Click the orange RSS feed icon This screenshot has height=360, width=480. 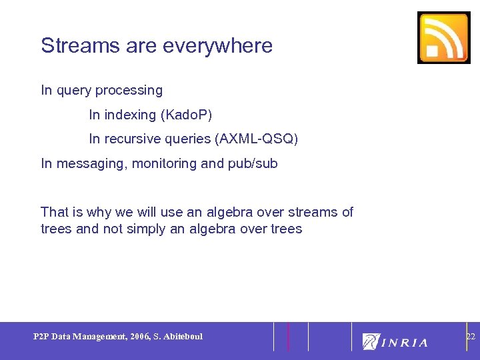point(443,38)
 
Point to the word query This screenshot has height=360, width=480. point(75,90)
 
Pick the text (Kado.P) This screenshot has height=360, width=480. point(186,115)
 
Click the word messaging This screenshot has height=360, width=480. point(89,163)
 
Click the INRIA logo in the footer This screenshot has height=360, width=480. point(395,341)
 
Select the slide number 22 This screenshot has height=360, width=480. point(470,337)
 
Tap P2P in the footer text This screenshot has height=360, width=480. point(41,337)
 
